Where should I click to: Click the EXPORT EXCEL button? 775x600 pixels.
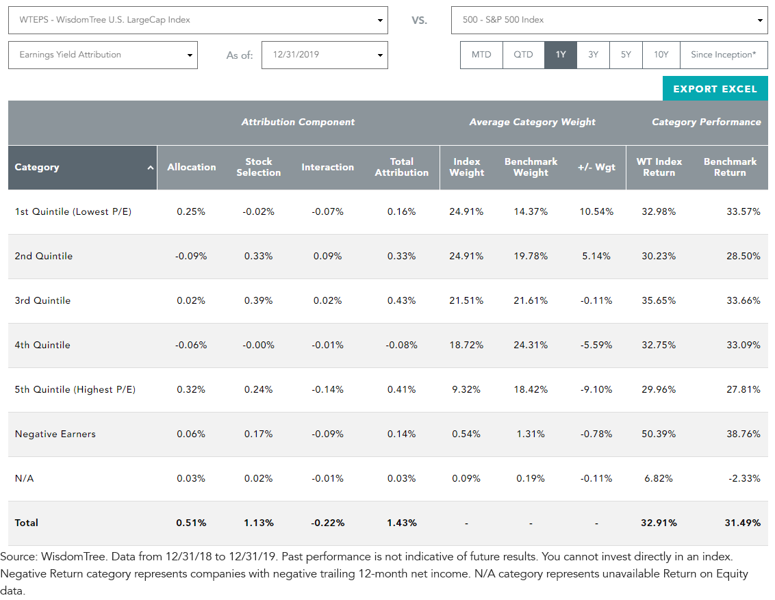pyautogui.click(x=715, y=89)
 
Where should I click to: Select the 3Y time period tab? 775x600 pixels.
pyautogui.click(x=593, y=55)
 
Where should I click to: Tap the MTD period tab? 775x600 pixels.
pyautogui.click(x=481, y=55)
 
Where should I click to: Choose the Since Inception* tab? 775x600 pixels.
pyautogui.click(x=724, y=55)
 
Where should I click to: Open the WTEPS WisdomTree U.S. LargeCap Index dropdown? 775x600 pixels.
pyautogui.click(x=198, y=21)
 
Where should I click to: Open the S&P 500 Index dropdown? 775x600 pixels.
pyautogui.click(x=609, y=21)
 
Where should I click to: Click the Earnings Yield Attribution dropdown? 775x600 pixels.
pyautogui.click(x=103, y=55)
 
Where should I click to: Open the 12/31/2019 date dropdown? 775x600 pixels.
pyautogui.click(x=325, y=55)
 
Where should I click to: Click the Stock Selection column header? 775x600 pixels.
pyautogui.click(x=259, y=168)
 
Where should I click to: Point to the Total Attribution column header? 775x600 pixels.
pyautogui.click(x=402, y=168)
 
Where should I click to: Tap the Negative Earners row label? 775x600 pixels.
pyautogui.click(x=55, y=434)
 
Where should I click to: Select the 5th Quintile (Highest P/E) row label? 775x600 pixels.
pyautogui.click(x=75, y=390)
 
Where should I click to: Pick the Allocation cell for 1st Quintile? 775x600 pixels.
pyautogui.click(x=191, y=212)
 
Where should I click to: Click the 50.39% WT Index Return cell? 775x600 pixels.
pyautogui.click(x=659, y=434)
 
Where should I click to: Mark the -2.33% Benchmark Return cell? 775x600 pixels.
pyautogui.click(x=744, y=478)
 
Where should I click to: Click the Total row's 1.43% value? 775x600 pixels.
pyautogui.click(x=402, y=523)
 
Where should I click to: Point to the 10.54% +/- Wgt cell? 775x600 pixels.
pyautogui.click(x=596, y=212)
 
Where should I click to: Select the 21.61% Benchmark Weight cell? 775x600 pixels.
pyautogui.click(x=531, y=301)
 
